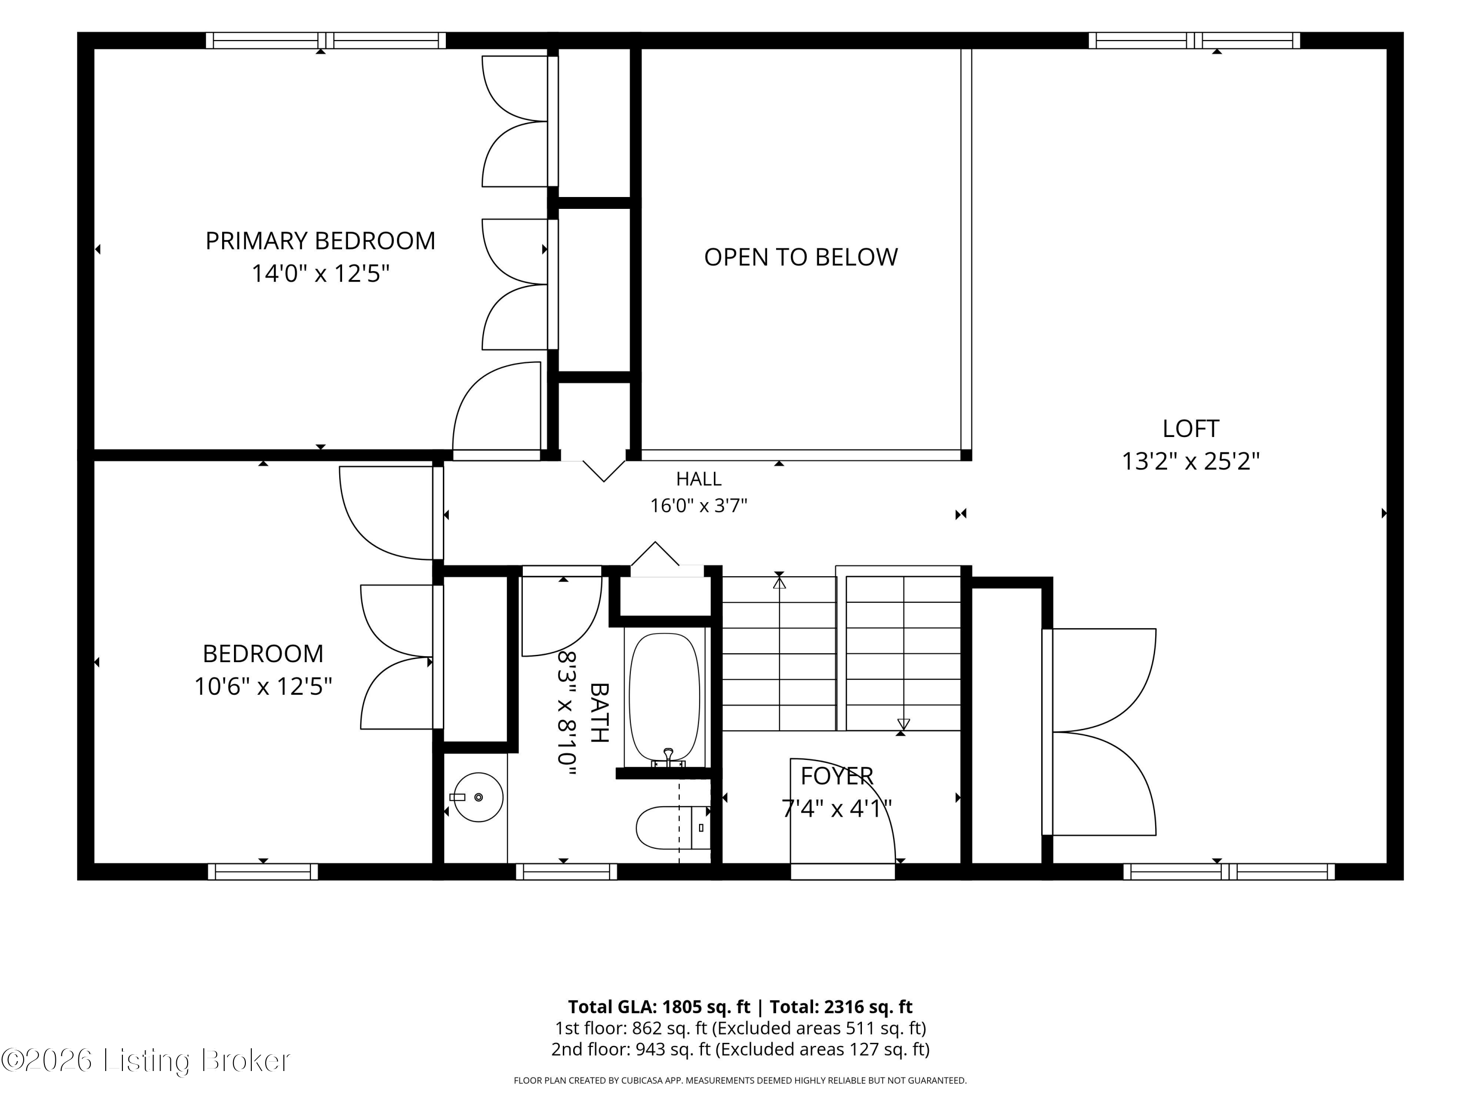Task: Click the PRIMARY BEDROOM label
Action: click(x=320, y=240)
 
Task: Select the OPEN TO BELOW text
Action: click(x=801, y=257)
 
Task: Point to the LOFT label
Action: click(x=1190, y=429)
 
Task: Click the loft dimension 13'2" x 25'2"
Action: click(x=1190, y=461)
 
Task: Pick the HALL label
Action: click(x=699, y=479)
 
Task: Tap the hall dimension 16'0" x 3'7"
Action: click(x=699, y=506)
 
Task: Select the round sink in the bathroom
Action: click(x=478, y=797)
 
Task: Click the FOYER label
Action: click(x=837, y=776)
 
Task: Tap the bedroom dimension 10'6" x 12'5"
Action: click(x=263, y=686)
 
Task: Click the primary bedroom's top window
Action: click(x=325, y=40)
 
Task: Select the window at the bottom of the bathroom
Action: click(x=566, y=871)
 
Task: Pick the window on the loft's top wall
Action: click(x=1195, y=40)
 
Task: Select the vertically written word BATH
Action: click(x=599, y=713)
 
